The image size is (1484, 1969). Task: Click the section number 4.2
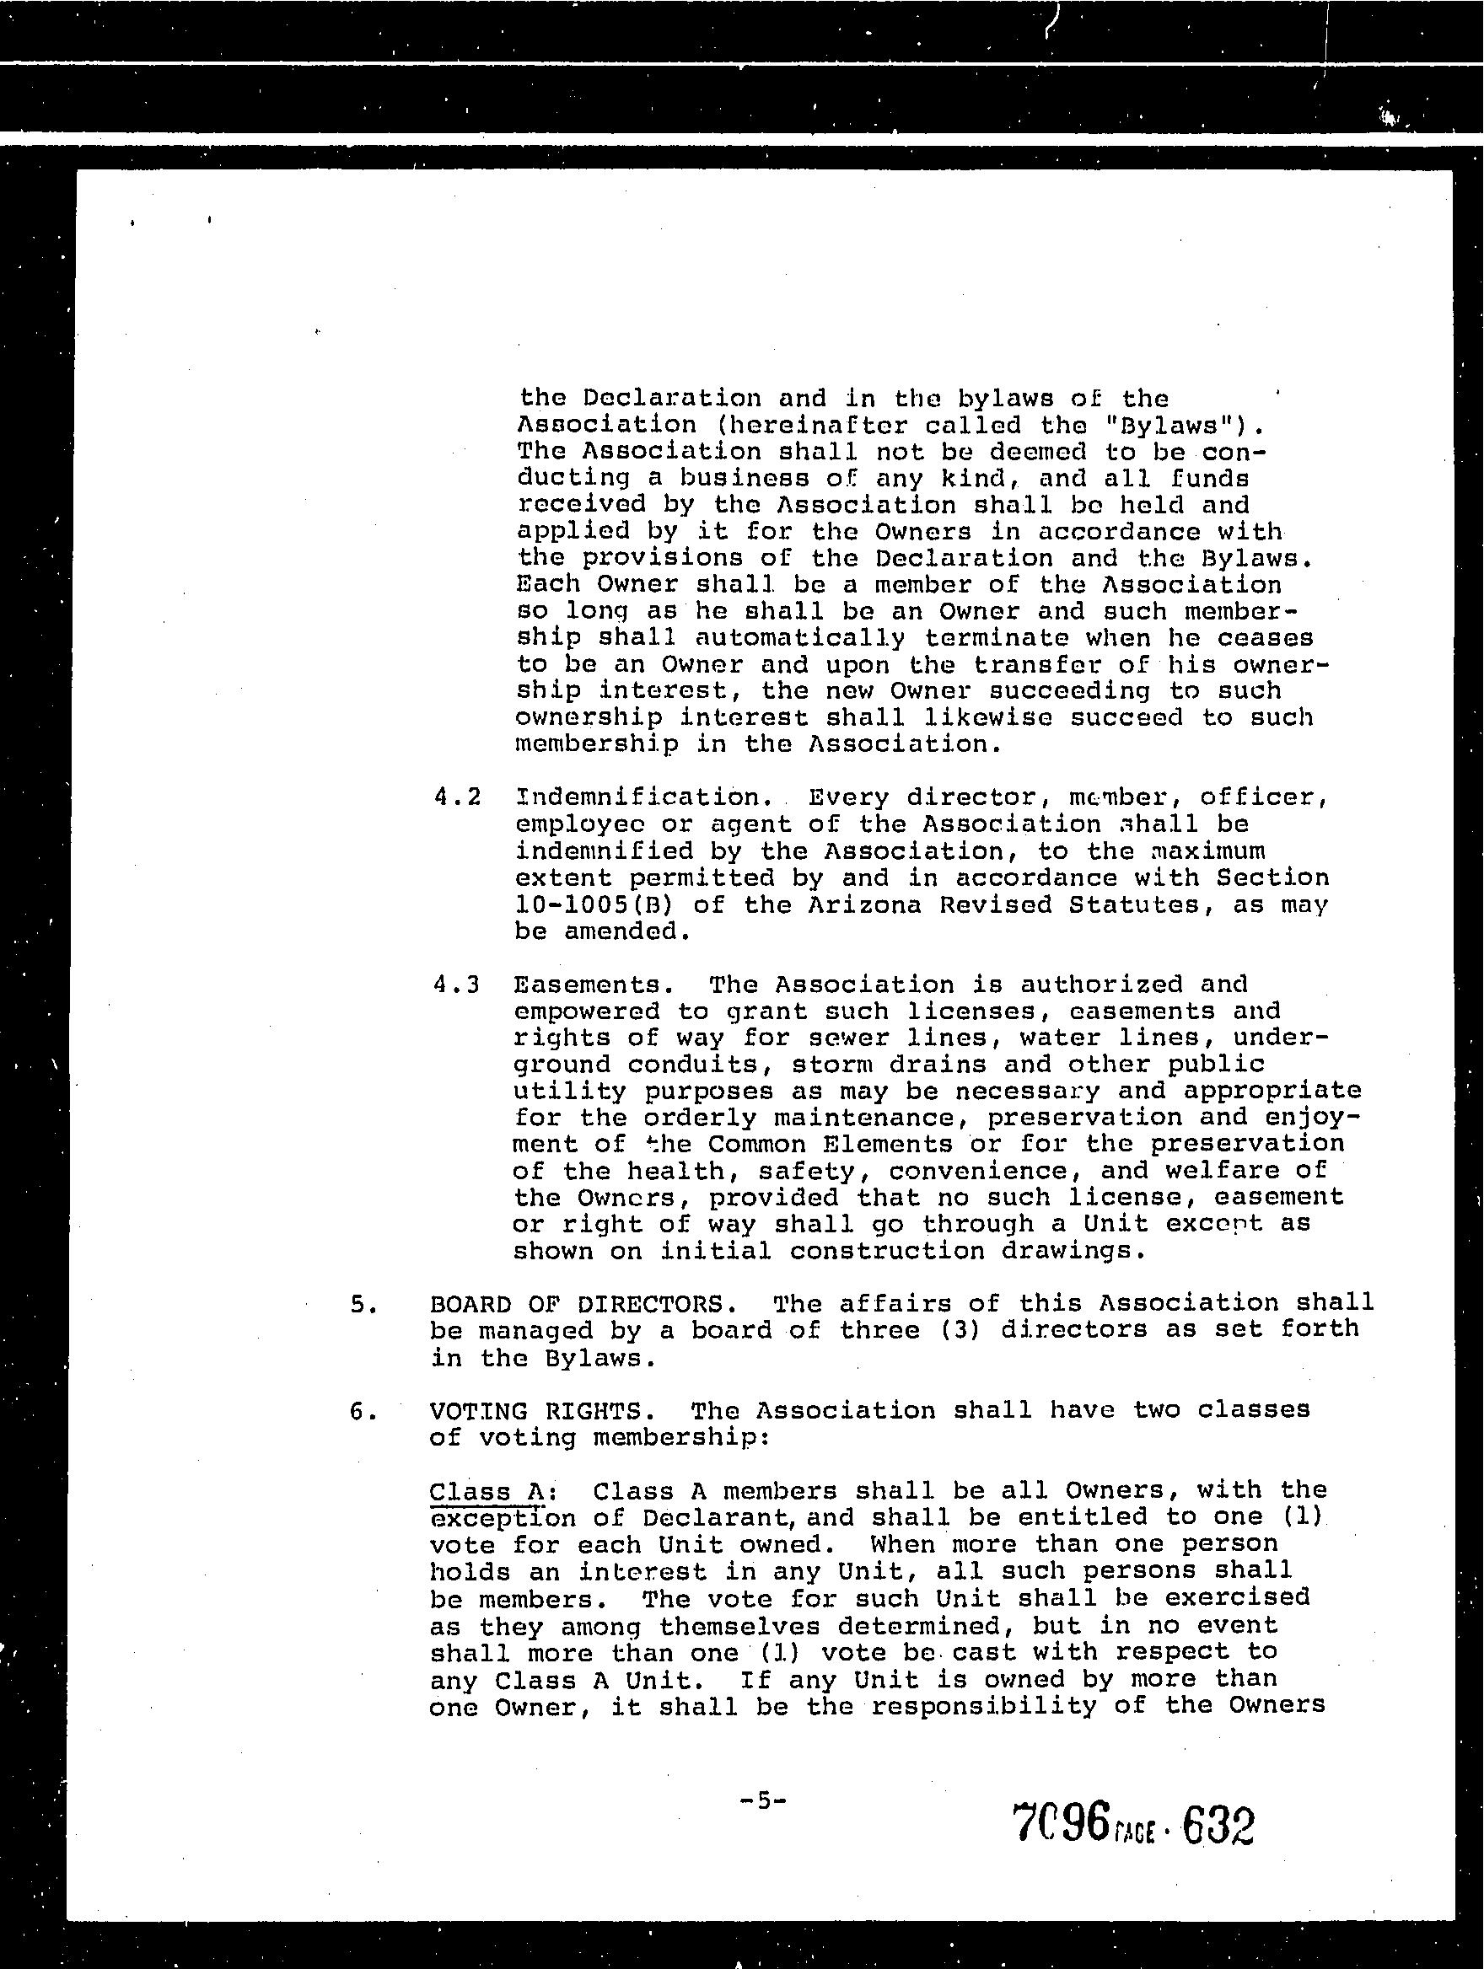click(457, 797)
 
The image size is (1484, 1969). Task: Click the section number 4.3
click(456, 984)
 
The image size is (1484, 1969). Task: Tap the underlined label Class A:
click(494, 1491)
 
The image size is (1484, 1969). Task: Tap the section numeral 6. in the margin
click(358, 1412)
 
